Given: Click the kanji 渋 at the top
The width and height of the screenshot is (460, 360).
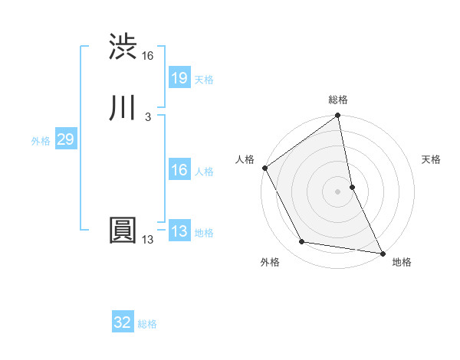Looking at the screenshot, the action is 123,47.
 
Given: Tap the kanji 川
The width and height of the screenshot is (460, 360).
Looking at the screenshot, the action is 123,109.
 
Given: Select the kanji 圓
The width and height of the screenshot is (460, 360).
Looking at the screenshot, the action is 123,231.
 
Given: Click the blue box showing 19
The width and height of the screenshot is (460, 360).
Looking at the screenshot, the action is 179,78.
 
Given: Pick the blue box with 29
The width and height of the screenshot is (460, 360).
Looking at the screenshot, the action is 65,139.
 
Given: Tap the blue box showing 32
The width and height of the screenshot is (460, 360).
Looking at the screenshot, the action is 123,322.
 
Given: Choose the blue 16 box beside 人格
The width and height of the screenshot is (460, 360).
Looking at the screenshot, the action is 179,170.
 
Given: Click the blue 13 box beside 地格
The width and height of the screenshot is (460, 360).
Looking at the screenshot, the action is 179,231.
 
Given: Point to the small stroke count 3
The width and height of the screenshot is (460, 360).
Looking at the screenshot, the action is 147,117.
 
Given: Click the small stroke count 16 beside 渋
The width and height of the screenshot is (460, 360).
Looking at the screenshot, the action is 148,56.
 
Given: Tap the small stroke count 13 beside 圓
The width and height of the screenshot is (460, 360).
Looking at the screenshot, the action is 148,240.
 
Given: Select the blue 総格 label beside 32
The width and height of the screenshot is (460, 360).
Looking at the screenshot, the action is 148,324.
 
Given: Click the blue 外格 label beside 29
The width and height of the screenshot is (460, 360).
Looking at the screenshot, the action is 41,141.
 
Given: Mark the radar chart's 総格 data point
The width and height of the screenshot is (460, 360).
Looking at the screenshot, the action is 338,116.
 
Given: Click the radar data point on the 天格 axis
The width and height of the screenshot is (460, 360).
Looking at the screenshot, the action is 352,187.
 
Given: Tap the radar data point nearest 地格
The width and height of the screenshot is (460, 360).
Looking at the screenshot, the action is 382,253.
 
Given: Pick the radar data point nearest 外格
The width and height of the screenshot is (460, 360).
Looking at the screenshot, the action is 302,243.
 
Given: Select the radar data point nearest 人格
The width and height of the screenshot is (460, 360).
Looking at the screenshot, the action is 264,168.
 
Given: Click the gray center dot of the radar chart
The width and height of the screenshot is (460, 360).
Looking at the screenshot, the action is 338,191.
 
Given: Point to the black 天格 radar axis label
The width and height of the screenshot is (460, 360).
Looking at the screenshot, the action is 431,159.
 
